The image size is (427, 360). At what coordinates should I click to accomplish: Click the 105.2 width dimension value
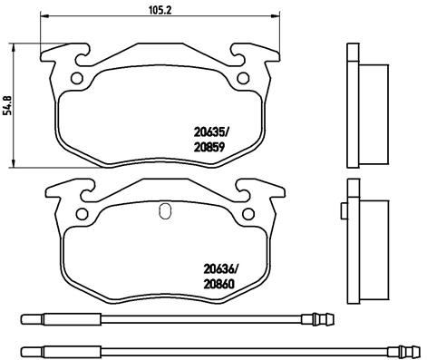(x=160, y=10)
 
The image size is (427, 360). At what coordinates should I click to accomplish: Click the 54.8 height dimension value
(x=7, y=105)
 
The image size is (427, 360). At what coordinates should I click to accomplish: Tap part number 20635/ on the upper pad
(x=212, y=132)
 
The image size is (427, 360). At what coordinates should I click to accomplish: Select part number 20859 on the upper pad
(x=209, y=148)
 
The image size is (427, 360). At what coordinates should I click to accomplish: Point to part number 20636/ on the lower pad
(x=221, y=268)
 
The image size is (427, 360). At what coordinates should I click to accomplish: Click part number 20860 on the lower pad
(x=219, y=284)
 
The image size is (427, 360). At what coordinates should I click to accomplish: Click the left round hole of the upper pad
(x=77, y=78)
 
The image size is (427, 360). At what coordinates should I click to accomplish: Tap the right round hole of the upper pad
(x=243, y=78)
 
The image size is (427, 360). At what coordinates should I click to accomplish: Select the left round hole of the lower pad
(x=82, y=214)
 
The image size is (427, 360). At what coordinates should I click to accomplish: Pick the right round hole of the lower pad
(x=248, y=214)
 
